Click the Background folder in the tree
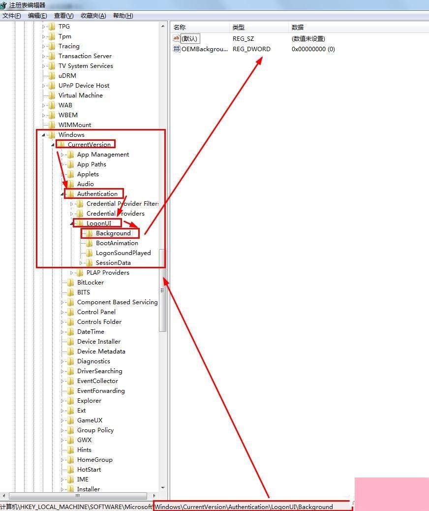(113, 233)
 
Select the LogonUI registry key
(99, 224)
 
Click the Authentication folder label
(97, 194)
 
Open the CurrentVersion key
(89, 145)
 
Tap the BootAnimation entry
(117, 243)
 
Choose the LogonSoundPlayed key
(123, 253)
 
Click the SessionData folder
(113, 263)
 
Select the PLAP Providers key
(108, 273)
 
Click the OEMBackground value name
(204, 49)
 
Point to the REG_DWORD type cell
(251, 49)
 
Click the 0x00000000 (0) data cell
(313, 49)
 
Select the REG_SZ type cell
(244, 38)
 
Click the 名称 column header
(180, 28)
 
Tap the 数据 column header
(298, 28)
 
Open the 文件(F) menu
(12, 16)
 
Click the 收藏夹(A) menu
(93, 16)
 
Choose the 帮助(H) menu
(123, 16)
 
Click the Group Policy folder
(95, 430)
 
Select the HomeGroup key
(94, 460)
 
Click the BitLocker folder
(90, 283)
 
